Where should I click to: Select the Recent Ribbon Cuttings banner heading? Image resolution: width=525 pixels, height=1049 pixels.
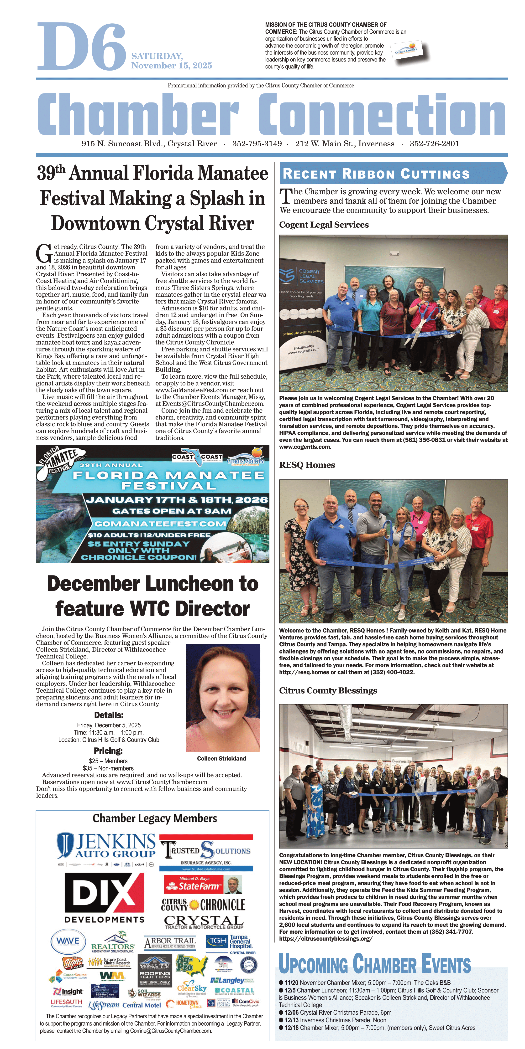[x=376, y=174]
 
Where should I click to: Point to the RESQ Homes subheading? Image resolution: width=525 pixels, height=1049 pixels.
[x=307, y=465]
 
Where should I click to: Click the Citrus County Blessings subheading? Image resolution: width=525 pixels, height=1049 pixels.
[x=328, y=691]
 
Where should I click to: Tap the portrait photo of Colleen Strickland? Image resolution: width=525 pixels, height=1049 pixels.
[x=223, y=698]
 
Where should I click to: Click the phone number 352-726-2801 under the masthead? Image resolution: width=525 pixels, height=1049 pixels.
[x=434, y=144]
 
